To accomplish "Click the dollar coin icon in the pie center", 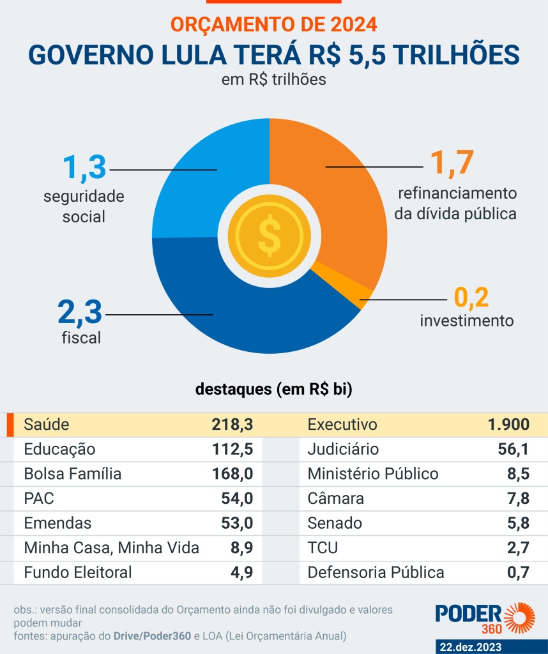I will pos(270,235).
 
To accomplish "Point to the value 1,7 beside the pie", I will pos(452,163).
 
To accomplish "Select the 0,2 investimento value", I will pos(471,297).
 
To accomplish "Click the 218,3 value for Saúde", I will pos(232,425).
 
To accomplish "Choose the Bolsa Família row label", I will pos(72,474).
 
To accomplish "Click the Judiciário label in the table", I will pos(343,450).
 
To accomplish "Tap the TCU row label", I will pos(323,548).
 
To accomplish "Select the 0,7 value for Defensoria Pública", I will pos(518,572).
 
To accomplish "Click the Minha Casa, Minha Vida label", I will pos(111,548).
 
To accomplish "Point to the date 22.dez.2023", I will pos(470,646).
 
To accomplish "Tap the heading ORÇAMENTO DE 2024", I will pos(273,24).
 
